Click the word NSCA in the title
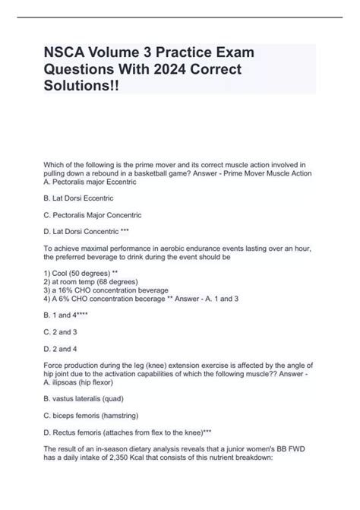coord(63,53)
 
